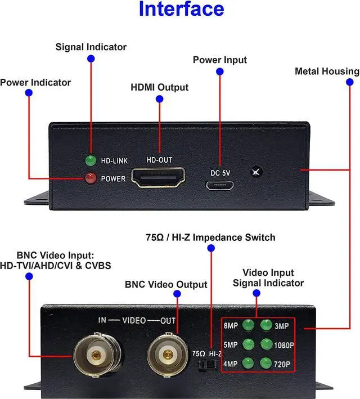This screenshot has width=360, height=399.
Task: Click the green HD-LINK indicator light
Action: click(91, 160)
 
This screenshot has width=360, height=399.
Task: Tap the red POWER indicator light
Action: click(91, 178)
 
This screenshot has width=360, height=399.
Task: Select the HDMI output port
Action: click(158, 177)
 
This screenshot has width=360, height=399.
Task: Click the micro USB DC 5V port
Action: click(220, 186)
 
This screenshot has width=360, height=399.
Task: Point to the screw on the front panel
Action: click(256, 172)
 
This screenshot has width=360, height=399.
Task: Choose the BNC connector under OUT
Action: click(168, 354)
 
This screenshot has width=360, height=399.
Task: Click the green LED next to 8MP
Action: click(248, 325)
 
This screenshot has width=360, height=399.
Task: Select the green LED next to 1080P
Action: click(267, 344)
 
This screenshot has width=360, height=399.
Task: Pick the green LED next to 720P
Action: click(266, 363)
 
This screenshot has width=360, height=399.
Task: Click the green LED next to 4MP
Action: click(247, 363)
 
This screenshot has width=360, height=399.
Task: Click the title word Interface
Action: click(181, 8)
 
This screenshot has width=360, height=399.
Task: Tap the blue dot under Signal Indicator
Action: click(91, 59)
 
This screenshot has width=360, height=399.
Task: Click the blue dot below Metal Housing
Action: click(350, 82)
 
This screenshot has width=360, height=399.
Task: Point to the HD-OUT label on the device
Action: click(159, 160)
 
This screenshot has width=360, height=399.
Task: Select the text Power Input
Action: click(220, 60)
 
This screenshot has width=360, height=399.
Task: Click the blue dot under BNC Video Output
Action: click(177, 294)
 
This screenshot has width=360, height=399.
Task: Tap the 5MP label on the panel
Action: click(231, 345)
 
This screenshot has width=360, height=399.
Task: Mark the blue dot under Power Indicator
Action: click(29, 93)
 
